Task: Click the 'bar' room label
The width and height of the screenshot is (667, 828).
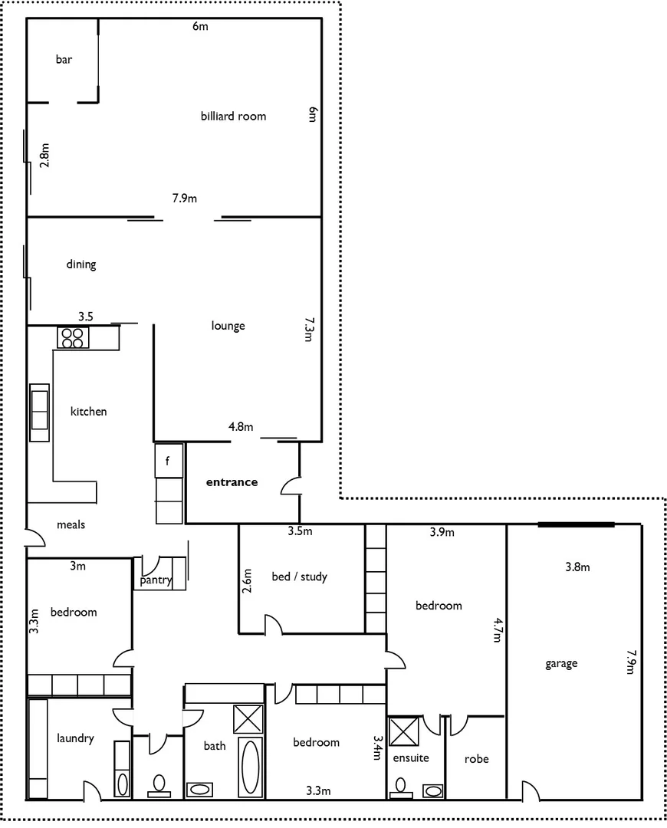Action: [64, 59]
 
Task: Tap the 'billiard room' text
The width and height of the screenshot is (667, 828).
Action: [233, 117]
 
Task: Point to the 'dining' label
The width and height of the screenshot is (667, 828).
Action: [80, 264]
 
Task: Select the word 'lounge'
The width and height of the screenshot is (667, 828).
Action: [228, 326]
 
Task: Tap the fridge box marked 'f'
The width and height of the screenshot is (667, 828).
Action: [169, 461]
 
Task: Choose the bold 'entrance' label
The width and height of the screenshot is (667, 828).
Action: [232, 482]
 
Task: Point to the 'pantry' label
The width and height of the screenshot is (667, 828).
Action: [156, 580]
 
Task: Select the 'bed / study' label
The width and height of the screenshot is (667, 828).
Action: [299, 577]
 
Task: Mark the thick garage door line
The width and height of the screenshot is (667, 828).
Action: [576, 524]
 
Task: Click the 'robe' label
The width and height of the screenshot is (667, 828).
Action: [476, 759]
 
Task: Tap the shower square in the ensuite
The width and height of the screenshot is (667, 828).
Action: [403, 731]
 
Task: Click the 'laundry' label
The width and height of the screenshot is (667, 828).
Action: [75, 738]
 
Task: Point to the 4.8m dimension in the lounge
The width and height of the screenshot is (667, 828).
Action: [240, 427]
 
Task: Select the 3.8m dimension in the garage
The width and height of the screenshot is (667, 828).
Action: [577, 567]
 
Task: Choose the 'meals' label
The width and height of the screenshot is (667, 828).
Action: [71, 525]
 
